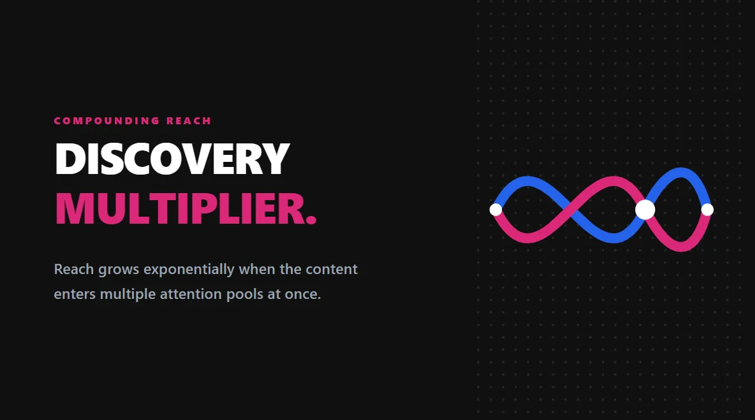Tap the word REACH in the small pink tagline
click(x=189, y=120)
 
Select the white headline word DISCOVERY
click(x=172, y=159)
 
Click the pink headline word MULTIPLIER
click(x=178, y=208)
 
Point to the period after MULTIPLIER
click(x=311, y=220)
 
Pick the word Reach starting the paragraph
click(x=73, y=269)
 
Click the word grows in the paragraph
click(x=119, y=270)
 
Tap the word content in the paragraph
click(x=332, y=269)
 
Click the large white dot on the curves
click(x=645, y=209)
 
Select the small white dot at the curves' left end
click(x=495, y=209)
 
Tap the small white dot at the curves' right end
click(x=707, y=209)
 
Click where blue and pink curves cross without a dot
click(x=571, y=210)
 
